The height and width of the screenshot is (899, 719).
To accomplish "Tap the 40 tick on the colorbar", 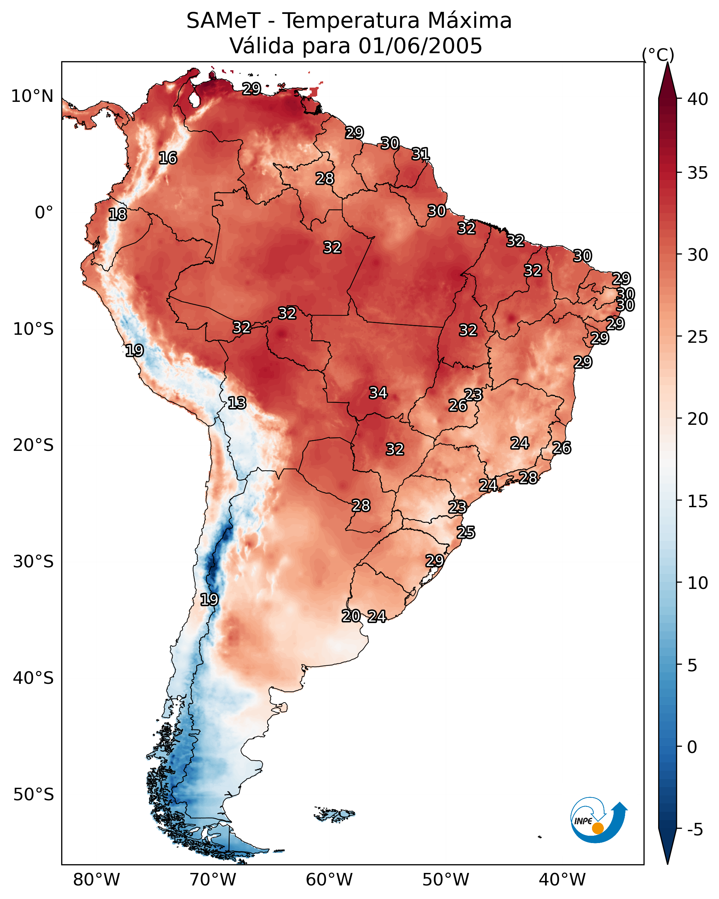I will [697, 99].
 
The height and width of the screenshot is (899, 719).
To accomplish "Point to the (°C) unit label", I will [658, 55].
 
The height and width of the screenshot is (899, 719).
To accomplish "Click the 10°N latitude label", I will [32, 96].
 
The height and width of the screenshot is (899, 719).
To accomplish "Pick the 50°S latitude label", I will [33, 795].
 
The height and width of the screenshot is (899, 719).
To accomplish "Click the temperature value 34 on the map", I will [378, 393].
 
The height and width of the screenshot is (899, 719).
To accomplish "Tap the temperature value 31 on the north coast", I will [421, 154].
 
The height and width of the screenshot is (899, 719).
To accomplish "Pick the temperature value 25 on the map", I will [466, 533].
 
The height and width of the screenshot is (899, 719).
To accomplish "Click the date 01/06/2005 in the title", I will [420, 46].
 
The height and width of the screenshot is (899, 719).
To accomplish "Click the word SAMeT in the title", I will [223, 21].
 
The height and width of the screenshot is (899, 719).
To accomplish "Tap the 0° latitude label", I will [44, 213].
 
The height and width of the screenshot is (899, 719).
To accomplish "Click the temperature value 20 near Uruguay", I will [351, 616].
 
